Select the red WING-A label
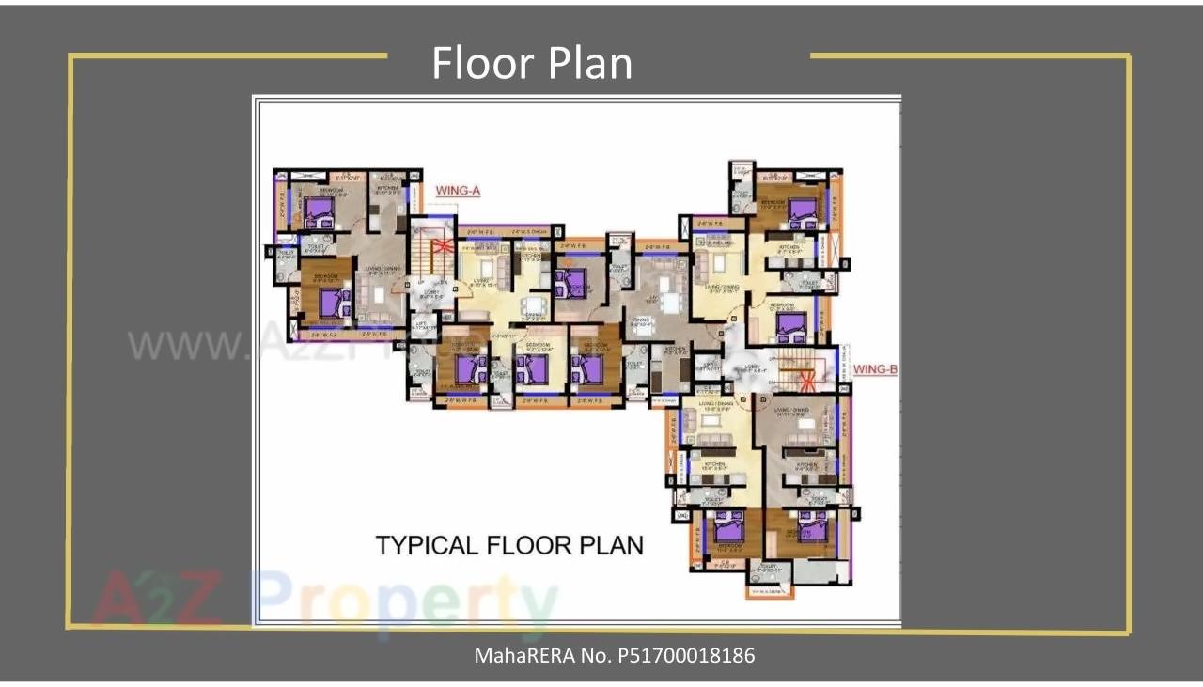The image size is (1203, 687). coord(458,191)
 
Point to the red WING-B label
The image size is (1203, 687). coord(874,369)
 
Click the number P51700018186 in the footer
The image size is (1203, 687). coord(686,655)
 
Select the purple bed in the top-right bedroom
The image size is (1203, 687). coord(802,211)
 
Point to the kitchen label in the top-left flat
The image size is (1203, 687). coord(386,187)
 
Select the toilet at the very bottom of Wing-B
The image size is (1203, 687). coord(769,568)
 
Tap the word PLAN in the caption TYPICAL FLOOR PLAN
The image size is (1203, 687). coord(610,545)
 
